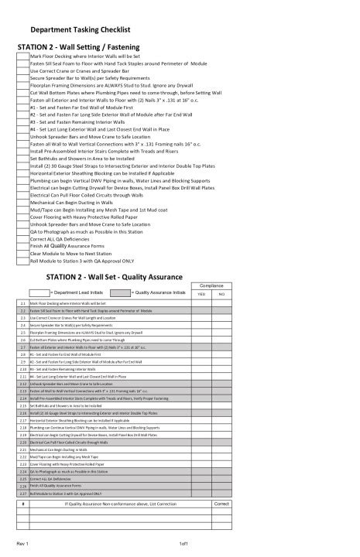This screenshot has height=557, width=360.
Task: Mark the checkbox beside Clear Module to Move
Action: [22, 253]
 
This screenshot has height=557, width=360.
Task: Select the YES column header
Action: [201, 295]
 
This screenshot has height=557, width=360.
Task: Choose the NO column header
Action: [221, 295]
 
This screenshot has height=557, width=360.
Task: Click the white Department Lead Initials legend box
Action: [38, 293]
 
